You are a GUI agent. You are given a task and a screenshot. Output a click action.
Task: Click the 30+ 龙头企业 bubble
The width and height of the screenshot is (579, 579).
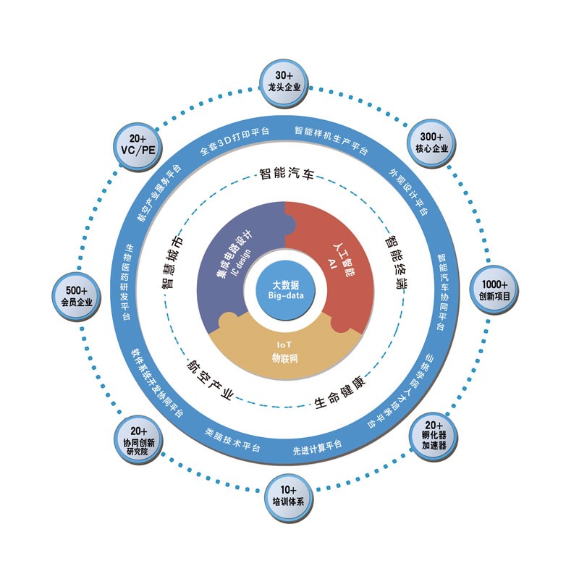[289, 82]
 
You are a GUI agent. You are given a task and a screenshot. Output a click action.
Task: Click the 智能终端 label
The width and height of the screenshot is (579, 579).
[396, 261]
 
